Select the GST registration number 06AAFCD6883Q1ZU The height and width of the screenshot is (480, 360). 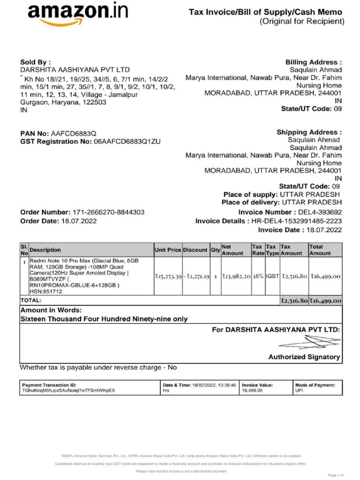tap(127, 142)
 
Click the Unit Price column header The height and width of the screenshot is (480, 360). tap(168, 250)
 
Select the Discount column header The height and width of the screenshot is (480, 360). tap(196, 250)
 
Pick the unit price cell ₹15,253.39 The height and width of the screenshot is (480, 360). tap(168, 277)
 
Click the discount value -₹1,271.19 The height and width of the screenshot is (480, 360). tap(196, 277)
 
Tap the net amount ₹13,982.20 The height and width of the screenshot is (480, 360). tap(236, 277)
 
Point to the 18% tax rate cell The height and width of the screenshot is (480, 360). tap(258, 277)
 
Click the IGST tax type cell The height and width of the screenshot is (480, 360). tap(272, 277)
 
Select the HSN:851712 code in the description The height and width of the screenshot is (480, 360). tap(46, 292)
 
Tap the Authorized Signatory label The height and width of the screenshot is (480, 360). tap(304, 357)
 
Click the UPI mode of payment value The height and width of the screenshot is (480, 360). tap(299, 390)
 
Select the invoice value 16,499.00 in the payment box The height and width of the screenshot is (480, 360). tap(252, 390)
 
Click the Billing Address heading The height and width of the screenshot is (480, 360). tap(313, 62)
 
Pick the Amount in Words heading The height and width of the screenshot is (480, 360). tap(52, 310)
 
